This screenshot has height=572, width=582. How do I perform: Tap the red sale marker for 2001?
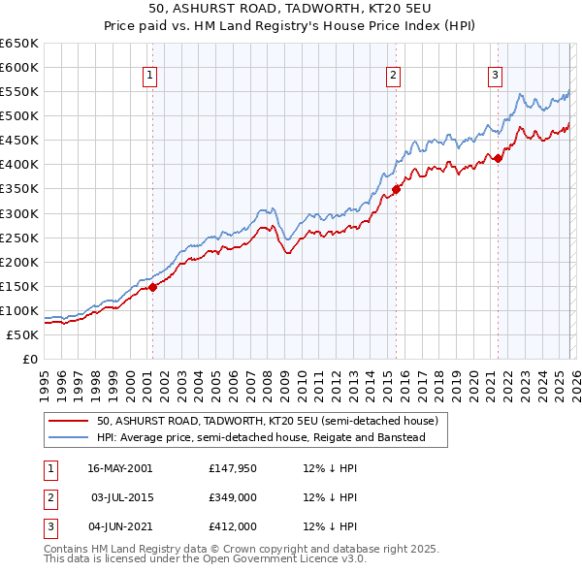coord(153,286)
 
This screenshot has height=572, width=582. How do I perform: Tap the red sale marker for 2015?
coord(396,189)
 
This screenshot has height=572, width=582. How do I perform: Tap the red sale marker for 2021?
coord(498,158)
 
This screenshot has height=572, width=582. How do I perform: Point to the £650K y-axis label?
coord(18,44)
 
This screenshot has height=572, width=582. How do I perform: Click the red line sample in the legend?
coord(69,422)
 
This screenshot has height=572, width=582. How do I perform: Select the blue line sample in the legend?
coord(69,438)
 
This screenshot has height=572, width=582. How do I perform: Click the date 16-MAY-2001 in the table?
coord(120,468)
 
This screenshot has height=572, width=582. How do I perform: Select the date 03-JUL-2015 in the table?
coord(123,497)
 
